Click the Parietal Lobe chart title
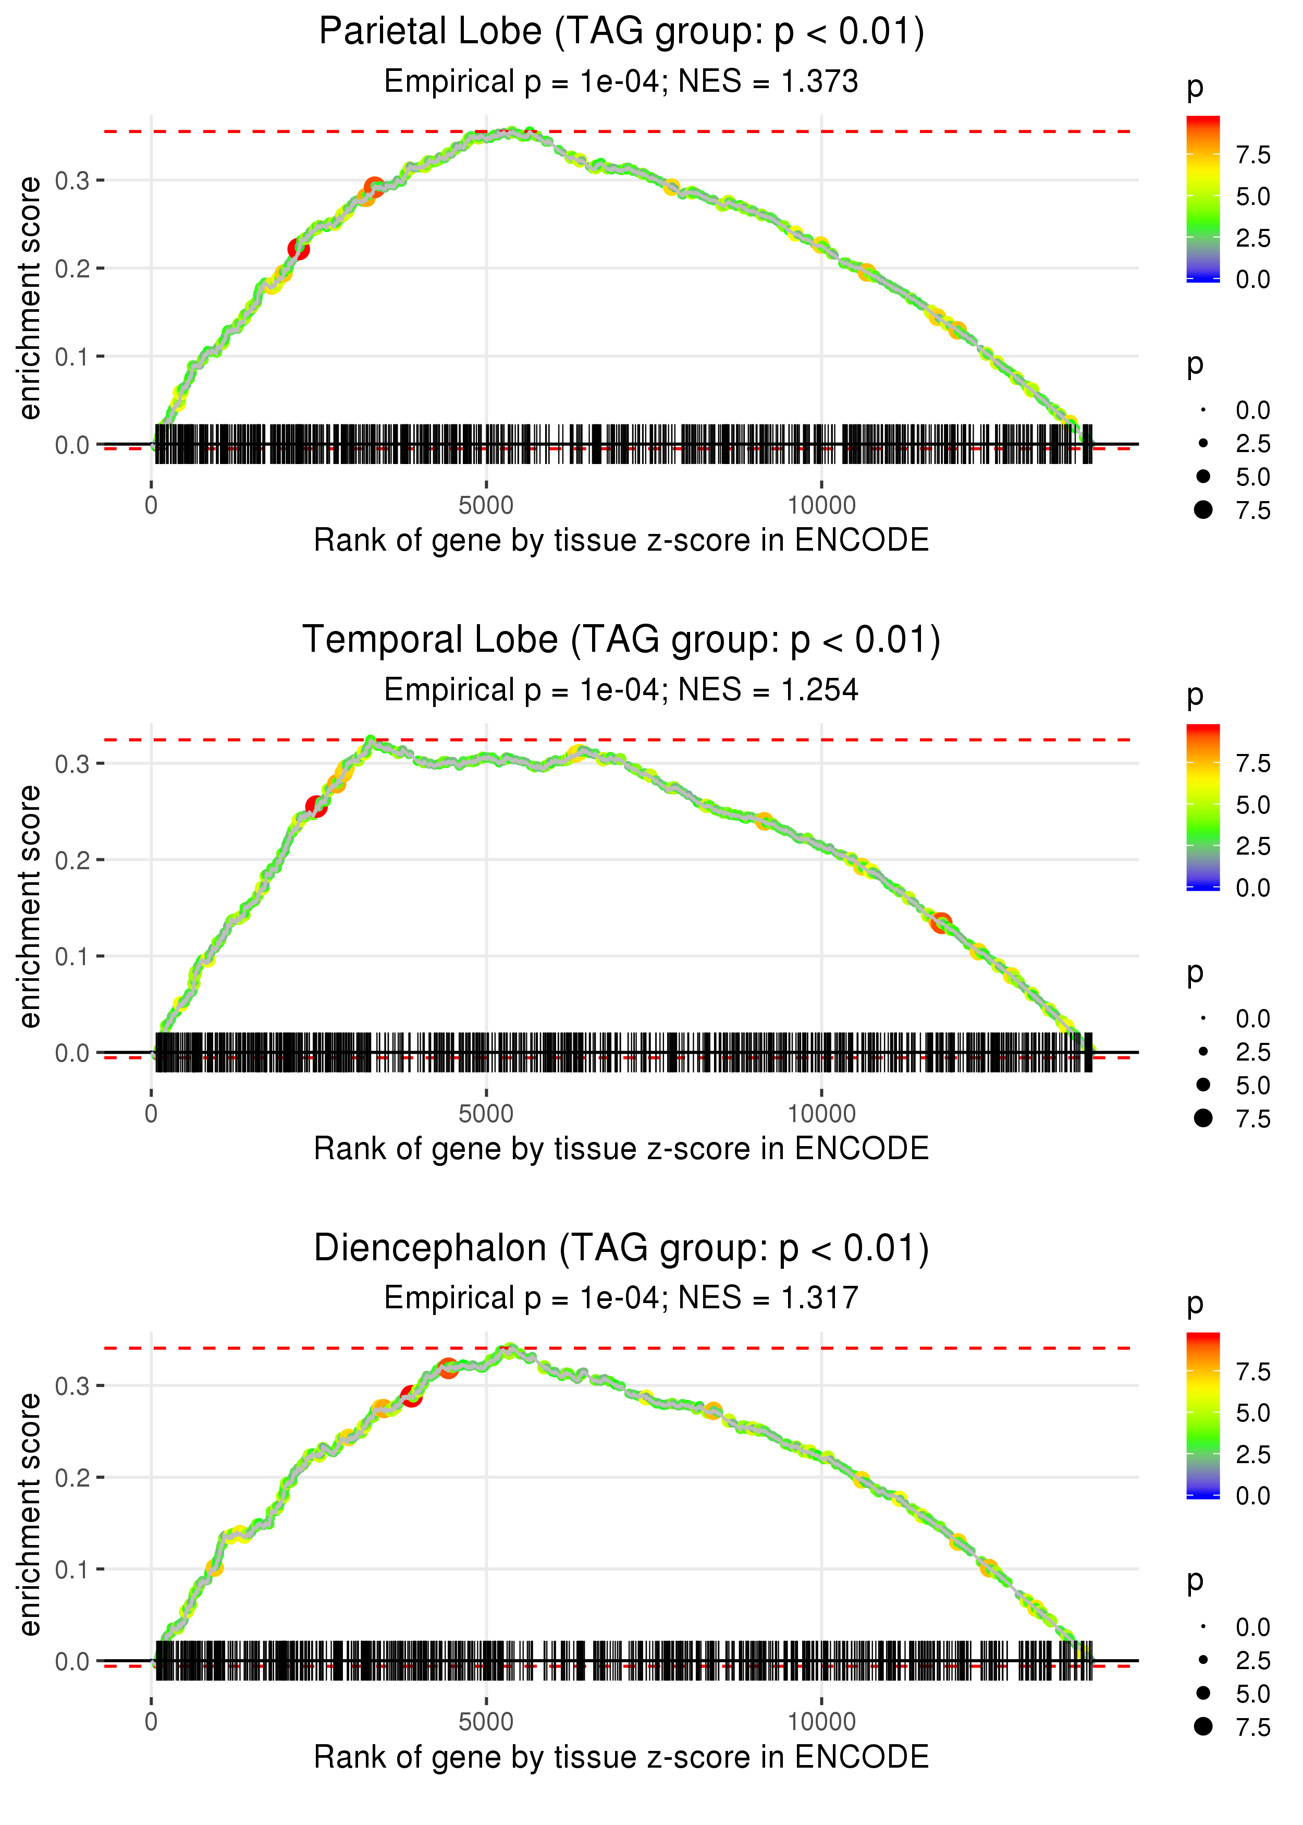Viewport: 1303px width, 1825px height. point(621,32)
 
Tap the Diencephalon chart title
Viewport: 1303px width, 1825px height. point(621,1249)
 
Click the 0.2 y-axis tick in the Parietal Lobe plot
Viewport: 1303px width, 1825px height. point(72,268)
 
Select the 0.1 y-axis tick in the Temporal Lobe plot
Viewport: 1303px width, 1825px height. point(72,957)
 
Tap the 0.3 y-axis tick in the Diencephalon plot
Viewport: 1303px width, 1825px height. point(72,1386)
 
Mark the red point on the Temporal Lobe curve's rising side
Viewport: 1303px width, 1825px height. point(317,807)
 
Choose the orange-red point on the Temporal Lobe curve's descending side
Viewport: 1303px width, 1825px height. point(941,923)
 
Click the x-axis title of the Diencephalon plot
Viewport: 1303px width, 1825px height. point(621,1757)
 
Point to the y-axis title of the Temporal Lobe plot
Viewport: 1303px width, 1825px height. point(30,906)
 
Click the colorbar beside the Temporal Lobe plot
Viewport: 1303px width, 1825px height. point(1203,807)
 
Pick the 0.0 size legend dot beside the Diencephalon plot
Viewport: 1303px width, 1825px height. point(1203,1627)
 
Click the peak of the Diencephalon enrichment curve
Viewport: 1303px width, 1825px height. point(509,1350)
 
